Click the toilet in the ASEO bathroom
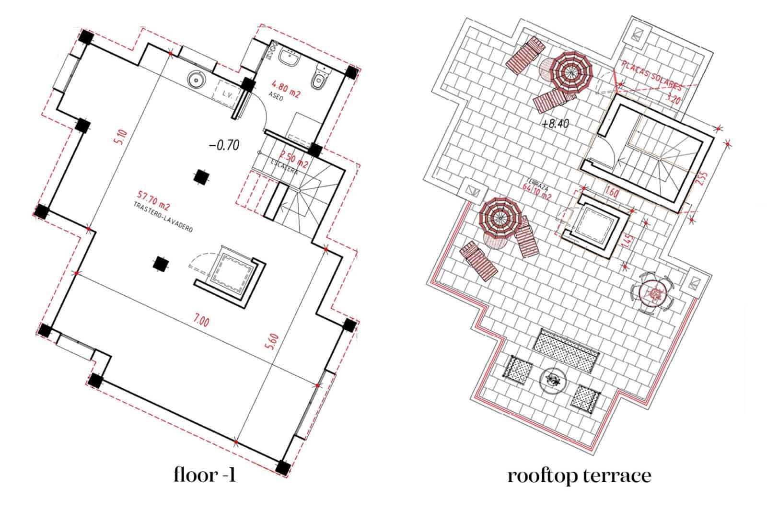[x=319, y=80]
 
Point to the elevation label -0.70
[x=224, y=145]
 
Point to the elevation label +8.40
[x=555, y=124]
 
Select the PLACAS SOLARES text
[x=651, y=76]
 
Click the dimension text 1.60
[x=612, y=193]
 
